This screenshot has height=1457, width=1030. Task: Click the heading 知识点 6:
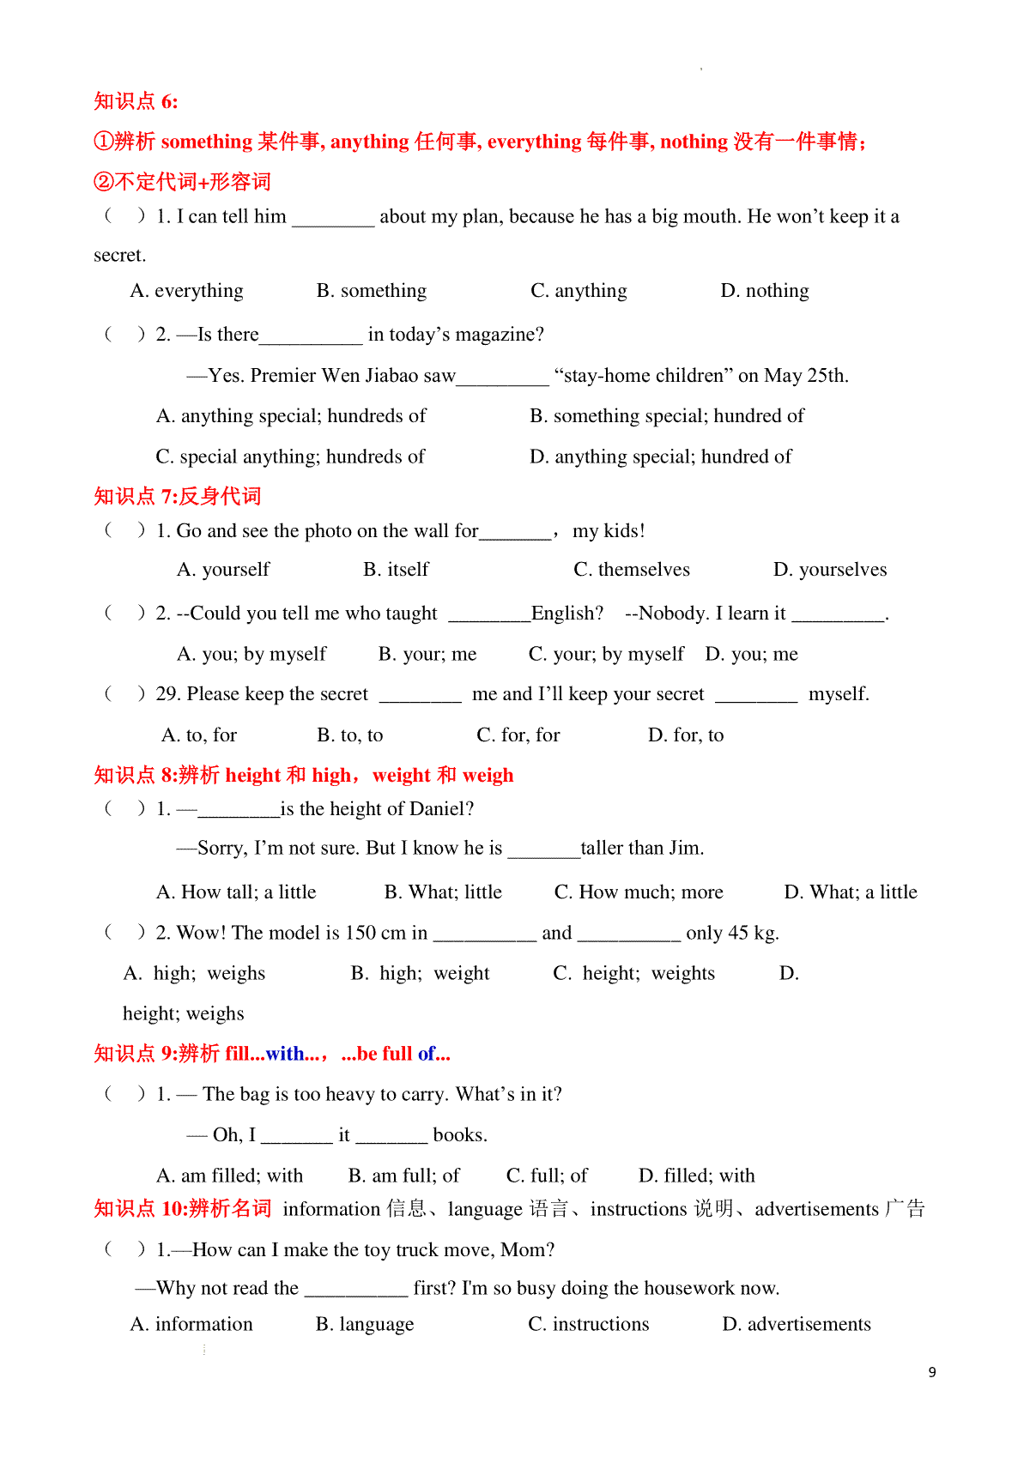pos(136,101)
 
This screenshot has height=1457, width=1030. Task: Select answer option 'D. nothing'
pos(764,291)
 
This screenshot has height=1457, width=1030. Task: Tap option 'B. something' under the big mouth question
pos(371,291)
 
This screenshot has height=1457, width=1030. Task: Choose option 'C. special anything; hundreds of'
pos(290,456)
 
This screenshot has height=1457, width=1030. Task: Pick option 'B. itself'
pos(396,570)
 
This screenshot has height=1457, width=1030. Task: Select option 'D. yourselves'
pos(829,570)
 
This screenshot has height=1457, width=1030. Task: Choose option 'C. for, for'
pos(518,735)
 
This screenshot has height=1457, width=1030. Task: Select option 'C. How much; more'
pos(639,892)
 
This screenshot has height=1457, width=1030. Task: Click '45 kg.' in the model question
pos(752,933)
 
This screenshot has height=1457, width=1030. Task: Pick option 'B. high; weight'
pos(420,973)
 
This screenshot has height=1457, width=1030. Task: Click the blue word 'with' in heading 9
pos(284,1054)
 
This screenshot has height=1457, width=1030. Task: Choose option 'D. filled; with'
pos(696,1176)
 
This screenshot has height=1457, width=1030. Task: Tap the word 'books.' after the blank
pos(460,1135)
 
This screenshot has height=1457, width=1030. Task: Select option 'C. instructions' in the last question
pos(588,1324)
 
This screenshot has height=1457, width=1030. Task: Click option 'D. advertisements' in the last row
pos(796,1324)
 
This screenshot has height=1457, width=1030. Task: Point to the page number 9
pos(932,1372)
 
